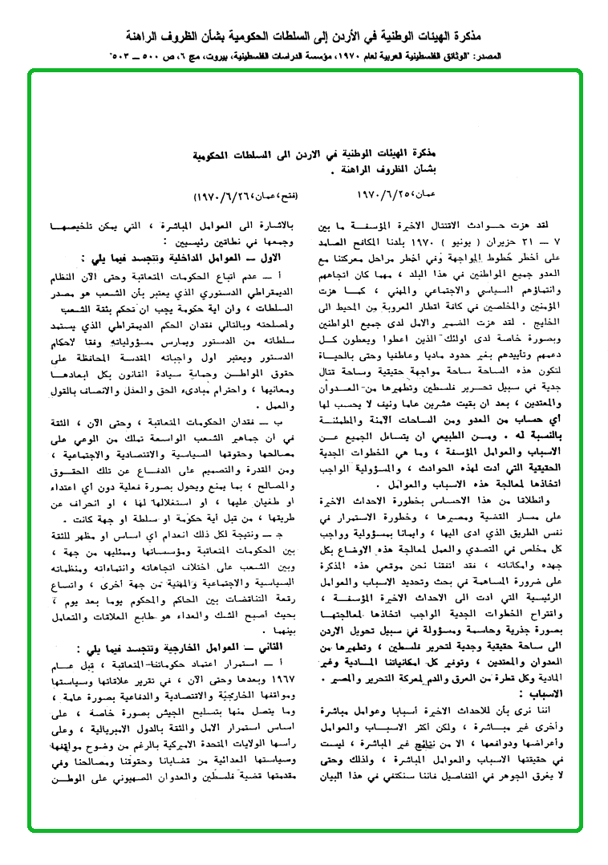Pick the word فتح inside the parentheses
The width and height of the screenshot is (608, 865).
click(x=279, y=196)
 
